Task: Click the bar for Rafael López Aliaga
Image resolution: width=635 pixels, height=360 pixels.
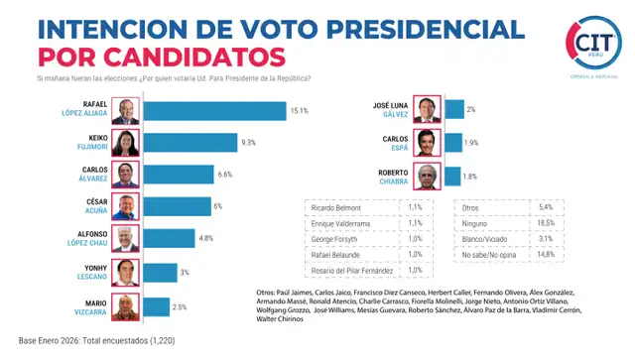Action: pyautogui.click(x=214, y=111)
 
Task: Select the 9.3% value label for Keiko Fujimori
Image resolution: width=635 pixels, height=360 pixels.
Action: pyautogui.click(x=249, y=143)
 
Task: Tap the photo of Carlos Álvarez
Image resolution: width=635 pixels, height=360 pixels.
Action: pyautogui.click(x=126, y=175)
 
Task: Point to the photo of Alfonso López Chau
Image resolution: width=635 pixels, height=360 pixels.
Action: pyautogui.click(x=126, y=239)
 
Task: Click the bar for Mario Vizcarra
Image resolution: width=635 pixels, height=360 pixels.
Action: pyautogui.click(x=156, y=306)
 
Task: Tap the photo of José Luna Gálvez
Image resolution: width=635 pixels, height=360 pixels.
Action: pyautogui.click(x=428, y=110)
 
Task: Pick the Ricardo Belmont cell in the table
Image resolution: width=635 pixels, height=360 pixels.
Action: pyautogui.click(x=336, y=208)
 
